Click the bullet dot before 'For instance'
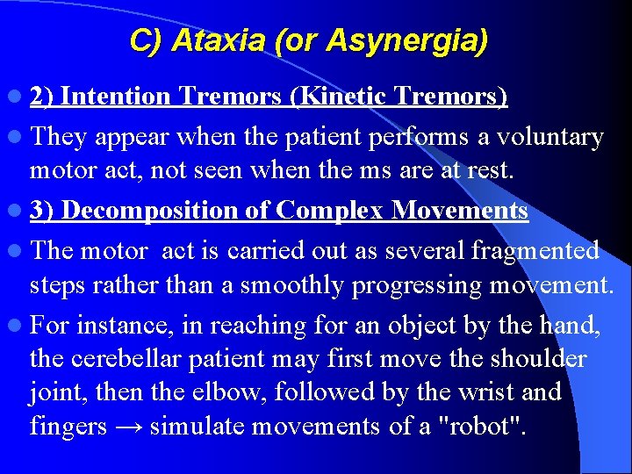pyautogui.click(x=18, y=327)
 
